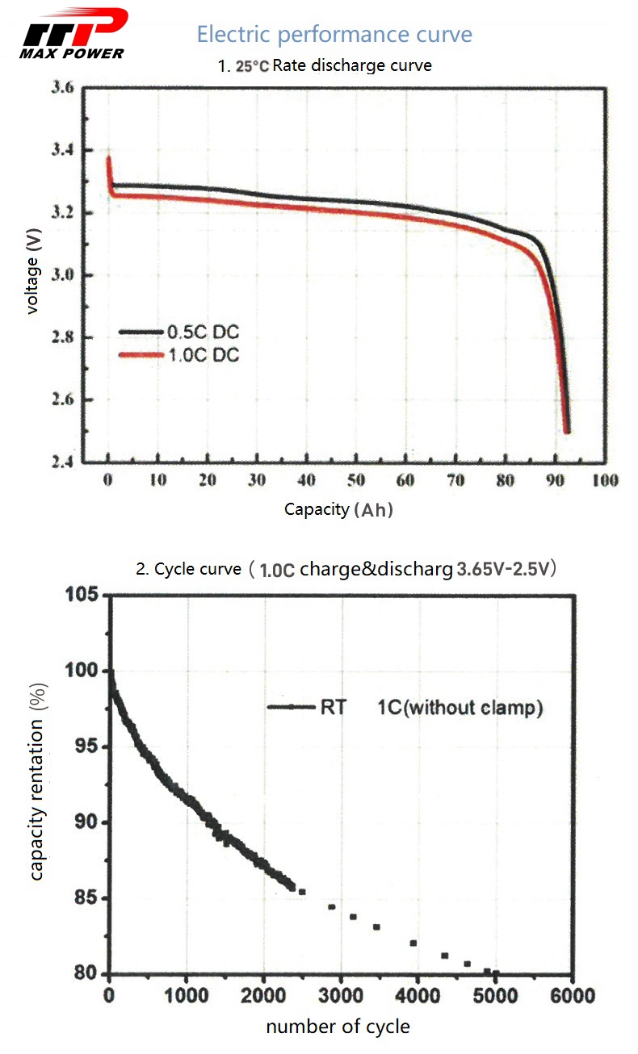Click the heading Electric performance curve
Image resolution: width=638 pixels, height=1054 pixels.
click(334, 35)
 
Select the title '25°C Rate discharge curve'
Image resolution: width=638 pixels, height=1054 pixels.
click(325, 66)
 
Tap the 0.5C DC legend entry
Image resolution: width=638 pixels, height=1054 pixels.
click(203, 332)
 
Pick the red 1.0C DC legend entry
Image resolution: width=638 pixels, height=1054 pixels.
click(203, 355)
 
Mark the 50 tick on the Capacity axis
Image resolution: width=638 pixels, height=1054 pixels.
click(356, 481)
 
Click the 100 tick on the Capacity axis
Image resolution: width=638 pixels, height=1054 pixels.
click(604, 481)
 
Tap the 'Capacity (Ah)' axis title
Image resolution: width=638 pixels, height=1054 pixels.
click(338, 509)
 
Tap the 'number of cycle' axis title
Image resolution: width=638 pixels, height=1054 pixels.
click(338, 1027)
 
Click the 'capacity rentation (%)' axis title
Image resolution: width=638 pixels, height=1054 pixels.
click(38, 783)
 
